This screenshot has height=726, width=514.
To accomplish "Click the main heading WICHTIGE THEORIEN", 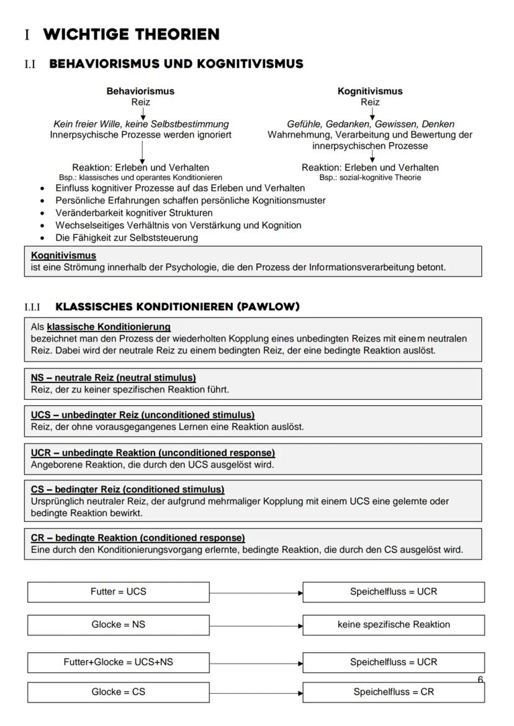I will (x=131, y=35).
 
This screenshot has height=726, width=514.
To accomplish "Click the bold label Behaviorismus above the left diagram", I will (x=140, y=91).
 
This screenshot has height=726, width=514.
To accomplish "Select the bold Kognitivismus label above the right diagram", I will (x=370, y=91).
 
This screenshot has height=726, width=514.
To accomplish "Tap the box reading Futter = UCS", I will (x=118, y=591).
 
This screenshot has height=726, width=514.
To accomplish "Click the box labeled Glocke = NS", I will (x=118, y=624).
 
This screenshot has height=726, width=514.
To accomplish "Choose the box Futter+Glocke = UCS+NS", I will (x=118, y=662).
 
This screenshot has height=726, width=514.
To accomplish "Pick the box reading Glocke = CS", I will (x=118, y=692).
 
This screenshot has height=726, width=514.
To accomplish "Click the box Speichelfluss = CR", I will (x=394, y=692).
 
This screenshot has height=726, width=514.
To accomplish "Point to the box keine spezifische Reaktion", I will (x=394, y=624).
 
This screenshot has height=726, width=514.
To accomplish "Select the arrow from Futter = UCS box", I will (x=256, y=593).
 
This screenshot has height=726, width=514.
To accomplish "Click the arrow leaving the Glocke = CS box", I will (x=256, y=693).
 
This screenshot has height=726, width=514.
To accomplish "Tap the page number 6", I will (x=480, y=680).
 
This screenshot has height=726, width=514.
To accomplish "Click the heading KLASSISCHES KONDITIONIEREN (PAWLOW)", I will (x=178, y=307).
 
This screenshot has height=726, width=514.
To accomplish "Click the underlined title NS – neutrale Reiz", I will (x=113, y=378).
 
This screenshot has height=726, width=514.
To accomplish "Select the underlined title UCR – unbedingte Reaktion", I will (x=153, y=453).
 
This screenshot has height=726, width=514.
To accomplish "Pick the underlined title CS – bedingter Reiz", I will (x=127, y=490).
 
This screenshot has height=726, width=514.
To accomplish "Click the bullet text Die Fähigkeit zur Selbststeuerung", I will (x=127, y=237).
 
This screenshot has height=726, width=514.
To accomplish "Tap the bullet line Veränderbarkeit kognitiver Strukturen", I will (x=133, y=213).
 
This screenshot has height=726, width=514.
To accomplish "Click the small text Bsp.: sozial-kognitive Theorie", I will (x=370, y=177).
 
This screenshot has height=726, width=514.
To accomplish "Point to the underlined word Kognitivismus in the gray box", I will (x=63, y=255).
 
